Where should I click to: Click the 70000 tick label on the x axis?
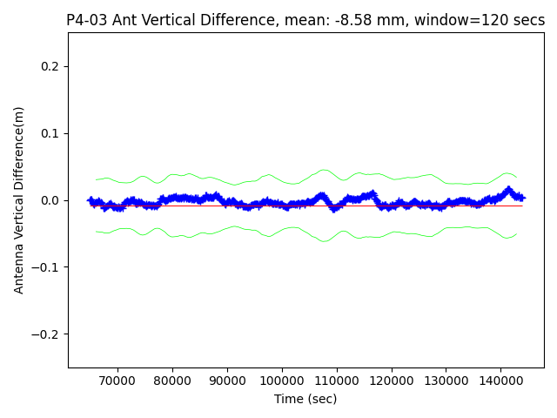(x=117, y=381)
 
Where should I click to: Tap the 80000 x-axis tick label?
(x=171, y=381)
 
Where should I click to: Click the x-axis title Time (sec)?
(x=305, y=399)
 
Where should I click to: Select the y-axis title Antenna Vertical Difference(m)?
(x=19, y=199)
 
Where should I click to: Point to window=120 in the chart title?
(x=467, y=20)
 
